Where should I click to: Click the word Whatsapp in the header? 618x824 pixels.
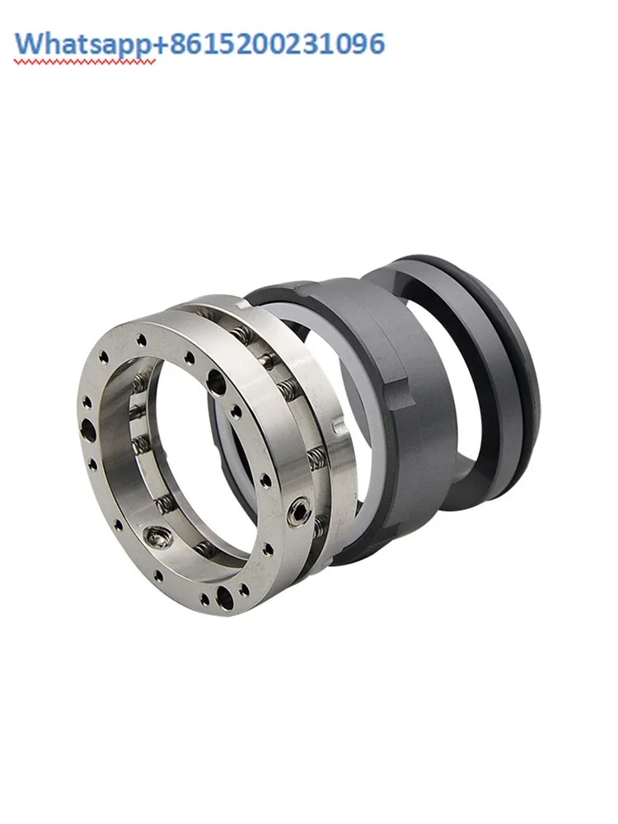[x=83, y=44]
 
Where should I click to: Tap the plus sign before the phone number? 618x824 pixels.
[x=161, y=45]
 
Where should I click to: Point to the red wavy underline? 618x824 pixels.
[x=85, y=62]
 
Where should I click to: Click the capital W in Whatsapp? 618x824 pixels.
[x=29, y=44]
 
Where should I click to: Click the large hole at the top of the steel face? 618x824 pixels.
[x=215, y=380]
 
